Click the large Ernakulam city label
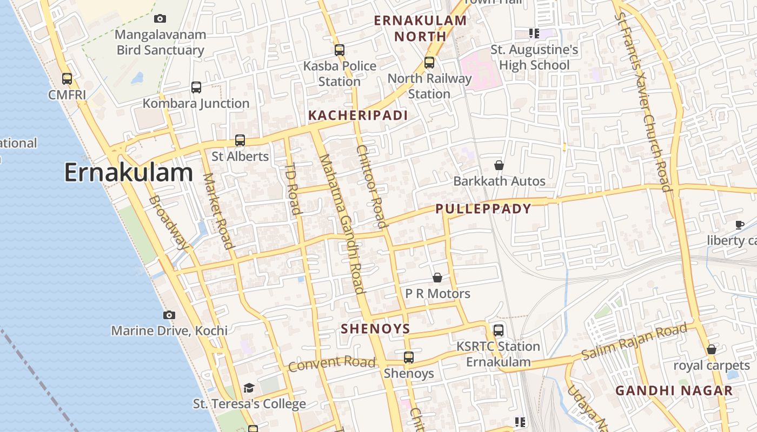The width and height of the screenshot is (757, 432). [x=128, y=173]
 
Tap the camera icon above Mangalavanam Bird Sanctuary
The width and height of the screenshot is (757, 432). [x=160, y=19]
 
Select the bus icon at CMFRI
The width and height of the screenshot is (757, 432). [x=67, y=79]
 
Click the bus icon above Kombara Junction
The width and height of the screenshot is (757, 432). [x=196, y=87]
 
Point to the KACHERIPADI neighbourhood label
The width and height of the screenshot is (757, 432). [x=357, y=116]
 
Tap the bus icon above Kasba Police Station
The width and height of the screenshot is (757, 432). [x=340, y=50]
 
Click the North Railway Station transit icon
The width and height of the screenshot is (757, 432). [x=429, y=62]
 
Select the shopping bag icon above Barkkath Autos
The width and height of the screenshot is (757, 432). [x=499, y=165]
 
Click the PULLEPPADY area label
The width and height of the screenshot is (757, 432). [x=483, y=209]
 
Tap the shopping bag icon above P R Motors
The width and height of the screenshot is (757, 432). [x=437, y=278]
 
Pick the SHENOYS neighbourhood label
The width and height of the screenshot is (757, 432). [x=375, y=329]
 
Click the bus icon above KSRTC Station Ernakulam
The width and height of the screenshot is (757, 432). [x=499, y=330]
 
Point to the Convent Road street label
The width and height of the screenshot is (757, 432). [x=331, y=364]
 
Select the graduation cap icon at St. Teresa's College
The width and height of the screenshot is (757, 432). [x=249, y=388]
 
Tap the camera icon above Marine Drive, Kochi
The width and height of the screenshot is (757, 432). [x=169, y=315]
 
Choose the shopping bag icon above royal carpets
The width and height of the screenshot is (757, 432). [x=712, y=349]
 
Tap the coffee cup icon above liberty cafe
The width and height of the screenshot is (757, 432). [x=740, y=225]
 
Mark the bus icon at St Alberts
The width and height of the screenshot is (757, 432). [x=240, y=140]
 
